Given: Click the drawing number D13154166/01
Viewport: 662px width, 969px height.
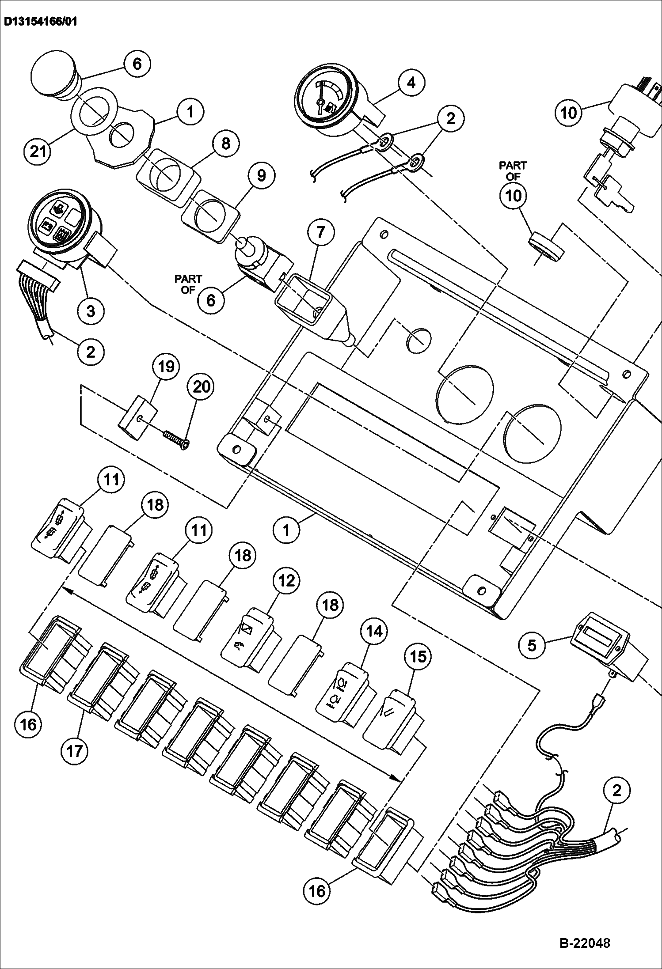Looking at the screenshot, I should click(x=40, y=22).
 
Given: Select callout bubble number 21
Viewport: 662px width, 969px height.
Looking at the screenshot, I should click(x=38, y=151).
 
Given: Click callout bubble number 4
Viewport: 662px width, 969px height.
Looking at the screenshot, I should click(x=411, y=83).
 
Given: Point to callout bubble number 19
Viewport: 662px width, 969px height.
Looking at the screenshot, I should click(x=166, y=367).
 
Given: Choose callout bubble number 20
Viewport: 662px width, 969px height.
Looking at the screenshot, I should click(x=201, y=387).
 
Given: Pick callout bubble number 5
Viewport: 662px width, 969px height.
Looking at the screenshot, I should click(x=532, y=645).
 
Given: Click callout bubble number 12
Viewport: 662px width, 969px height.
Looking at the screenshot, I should click(x=286, y=580).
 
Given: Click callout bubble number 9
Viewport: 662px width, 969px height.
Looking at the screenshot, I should click(x=261, y=176).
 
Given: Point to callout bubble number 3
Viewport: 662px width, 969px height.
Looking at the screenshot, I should click(x=91, y=311).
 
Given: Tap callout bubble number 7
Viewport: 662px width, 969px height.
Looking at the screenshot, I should click(x=320, y=232).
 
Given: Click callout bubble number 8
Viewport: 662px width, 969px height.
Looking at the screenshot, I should click(x=225, y=144).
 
